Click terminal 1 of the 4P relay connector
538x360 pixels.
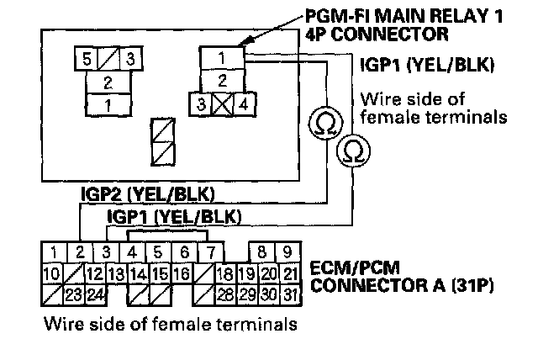222,58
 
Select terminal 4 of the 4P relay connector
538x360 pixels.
245,104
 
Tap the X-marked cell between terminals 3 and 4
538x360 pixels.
222,104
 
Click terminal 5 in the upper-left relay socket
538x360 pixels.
87,59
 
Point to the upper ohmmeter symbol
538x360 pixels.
325,123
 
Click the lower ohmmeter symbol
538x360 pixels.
353,151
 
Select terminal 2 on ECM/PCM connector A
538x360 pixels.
80,252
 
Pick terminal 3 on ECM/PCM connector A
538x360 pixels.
107,252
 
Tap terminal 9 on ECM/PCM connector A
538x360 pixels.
287,252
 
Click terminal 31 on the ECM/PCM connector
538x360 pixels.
291,294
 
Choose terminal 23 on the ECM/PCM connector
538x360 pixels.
74,294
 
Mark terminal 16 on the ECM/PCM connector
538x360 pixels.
182,273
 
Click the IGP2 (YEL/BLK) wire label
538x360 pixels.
148,194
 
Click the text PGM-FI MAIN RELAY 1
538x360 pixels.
403,15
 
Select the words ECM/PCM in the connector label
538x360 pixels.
355,268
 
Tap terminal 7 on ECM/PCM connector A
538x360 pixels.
211,252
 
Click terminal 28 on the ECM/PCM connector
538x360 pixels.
225,294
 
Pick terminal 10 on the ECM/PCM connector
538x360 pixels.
52,273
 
